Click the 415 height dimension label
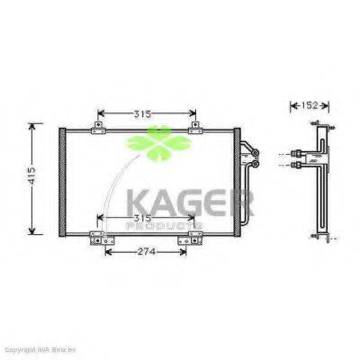[31, 176]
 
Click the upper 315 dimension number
[148, 113]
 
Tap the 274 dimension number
[148, 251]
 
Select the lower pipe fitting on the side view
[297, 166]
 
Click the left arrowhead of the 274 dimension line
[109, 251]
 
